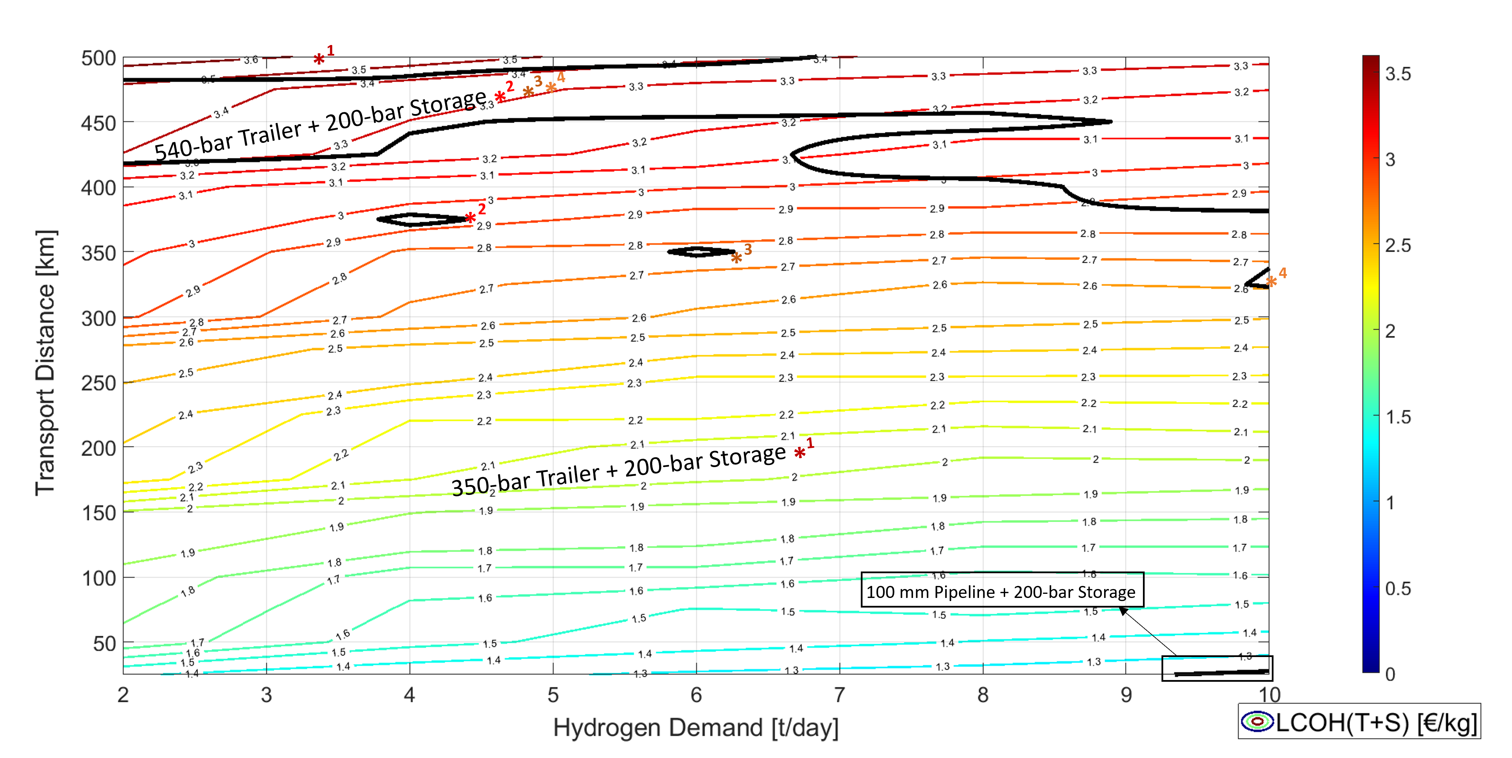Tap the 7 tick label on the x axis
click(840, 695)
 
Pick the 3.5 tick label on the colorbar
click(1398, 74)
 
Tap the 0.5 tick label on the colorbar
click(1398, 588)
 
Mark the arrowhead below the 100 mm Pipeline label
click(1123, 611)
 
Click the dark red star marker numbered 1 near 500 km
click(319, 59)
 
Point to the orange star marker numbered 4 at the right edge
click(1271, 282)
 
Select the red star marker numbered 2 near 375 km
click(470, 218)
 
